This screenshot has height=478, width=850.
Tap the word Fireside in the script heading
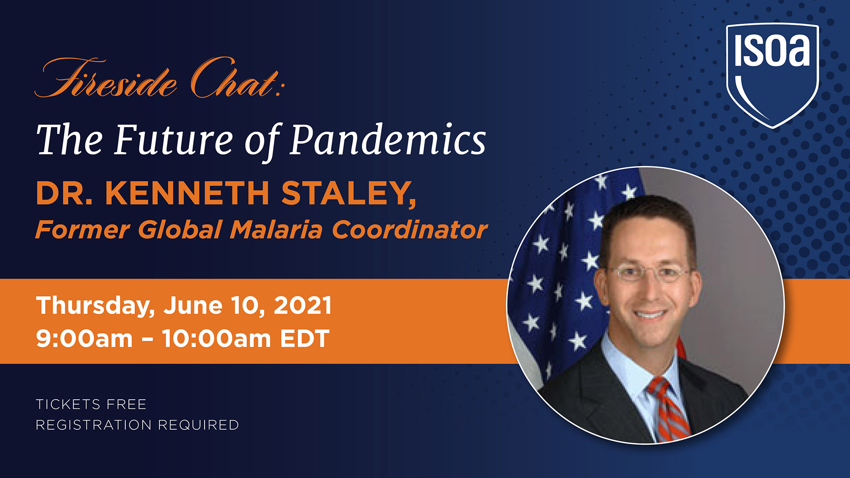point(106,78)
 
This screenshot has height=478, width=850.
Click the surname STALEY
point(349,193)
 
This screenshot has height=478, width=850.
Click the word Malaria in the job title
point(276,230)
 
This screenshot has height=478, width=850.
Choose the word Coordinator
point(410,230)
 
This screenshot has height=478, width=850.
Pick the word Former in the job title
point(82,230)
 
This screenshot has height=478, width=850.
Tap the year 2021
point(303,305)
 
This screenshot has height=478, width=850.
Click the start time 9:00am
point(85,339)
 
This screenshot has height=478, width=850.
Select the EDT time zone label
point(305,339)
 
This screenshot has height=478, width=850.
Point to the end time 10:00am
point(216,339)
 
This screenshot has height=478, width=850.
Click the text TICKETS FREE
point(91,405)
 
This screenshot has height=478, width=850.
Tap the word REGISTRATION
point(94,425)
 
